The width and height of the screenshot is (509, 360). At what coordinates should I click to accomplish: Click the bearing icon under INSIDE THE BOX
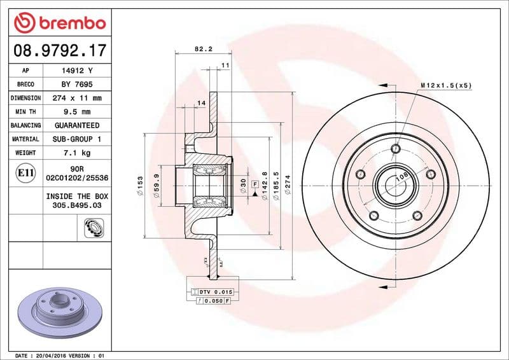coord(94,227)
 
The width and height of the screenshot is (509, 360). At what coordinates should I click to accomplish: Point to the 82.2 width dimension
coord(202,48)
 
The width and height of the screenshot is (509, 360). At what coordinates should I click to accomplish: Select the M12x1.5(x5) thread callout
coord(446,85)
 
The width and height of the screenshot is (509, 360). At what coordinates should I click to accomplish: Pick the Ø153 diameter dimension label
coord(140,185)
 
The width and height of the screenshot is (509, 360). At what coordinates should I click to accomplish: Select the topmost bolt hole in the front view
coord(396,149)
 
